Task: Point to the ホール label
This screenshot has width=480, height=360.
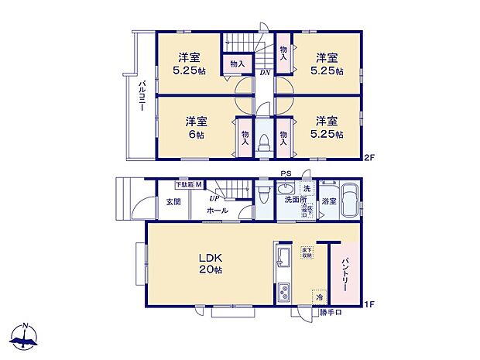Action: pos(218,210)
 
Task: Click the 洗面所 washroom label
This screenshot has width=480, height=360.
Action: pos(293,201)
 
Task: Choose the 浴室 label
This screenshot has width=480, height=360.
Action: pos(329,201)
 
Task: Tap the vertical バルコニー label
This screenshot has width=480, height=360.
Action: pos(142,98)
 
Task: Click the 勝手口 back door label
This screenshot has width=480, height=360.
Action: pos(332,313)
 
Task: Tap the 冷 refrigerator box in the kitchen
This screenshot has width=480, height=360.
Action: pos(318,295)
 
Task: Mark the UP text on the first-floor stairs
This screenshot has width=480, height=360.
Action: pos(211,198)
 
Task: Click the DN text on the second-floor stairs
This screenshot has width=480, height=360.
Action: pos(265,73)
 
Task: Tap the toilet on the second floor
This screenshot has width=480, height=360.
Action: pos(264,142)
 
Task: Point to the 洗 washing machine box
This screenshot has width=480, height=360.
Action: pos(306,189)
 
